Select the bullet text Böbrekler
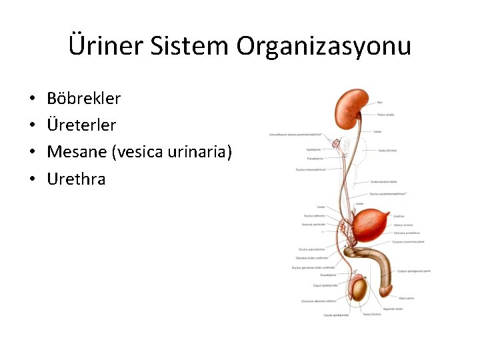(x=84, y=99)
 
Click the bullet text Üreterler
(x=81, y=125)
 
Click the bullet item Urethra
(x=76, y=179)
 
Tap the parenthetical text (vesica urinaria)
(x=173, y=152)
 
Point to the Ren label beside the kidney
(x=380, y=102)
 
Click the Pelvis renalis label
(x=385, y=115)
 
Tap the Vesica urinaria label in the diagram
(x=403, y=225)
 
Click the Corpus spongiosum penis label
(x=414, y=271)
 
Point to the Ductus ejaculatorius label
(x=311, y=249)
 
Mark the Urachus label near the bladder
(x=399, y=216)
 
